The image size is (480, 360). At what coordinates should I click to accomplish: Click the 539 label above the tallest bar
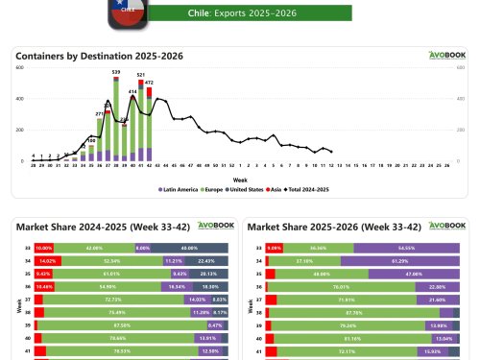(x=116, y=72)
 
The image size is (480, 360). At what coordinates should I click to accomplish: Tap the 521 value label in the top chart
(x=141, y=75)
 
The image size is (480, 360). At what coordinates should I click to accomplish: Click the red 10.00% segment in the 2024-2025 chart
(x=43, y=247)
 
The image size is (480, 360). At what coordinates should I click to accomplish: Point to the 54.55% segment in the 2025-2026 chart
(x=406, y=247)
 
